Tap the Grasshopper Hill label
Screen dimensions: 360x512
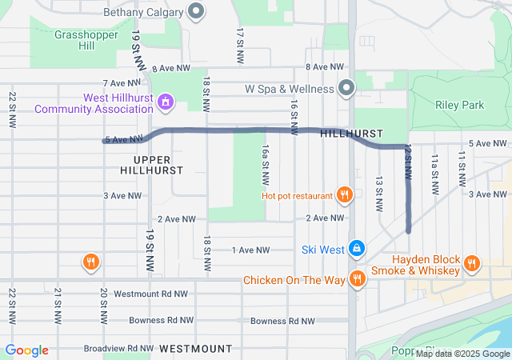[74, 41]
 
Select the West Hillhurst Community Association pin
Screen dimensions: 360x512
[166, 102]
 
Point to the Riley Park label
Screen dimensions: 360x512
[460, 104]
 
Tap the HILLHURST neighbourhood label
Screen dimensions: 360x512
[351, 134]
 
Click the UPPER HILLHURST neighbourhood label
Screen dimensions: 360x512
[151, 165]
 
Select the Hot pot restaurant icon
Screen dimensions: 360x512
[345, 194]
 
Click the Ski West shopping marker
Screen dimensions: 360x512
[357, 249]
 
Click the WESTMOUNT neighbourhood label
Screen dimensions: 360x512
[195, 349]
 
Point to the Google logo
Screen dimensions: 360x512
[26, 350]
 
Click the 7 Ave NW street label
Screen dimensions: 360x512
[122, 82]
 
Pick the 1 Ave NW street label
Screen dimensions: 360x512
[250, 250]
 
